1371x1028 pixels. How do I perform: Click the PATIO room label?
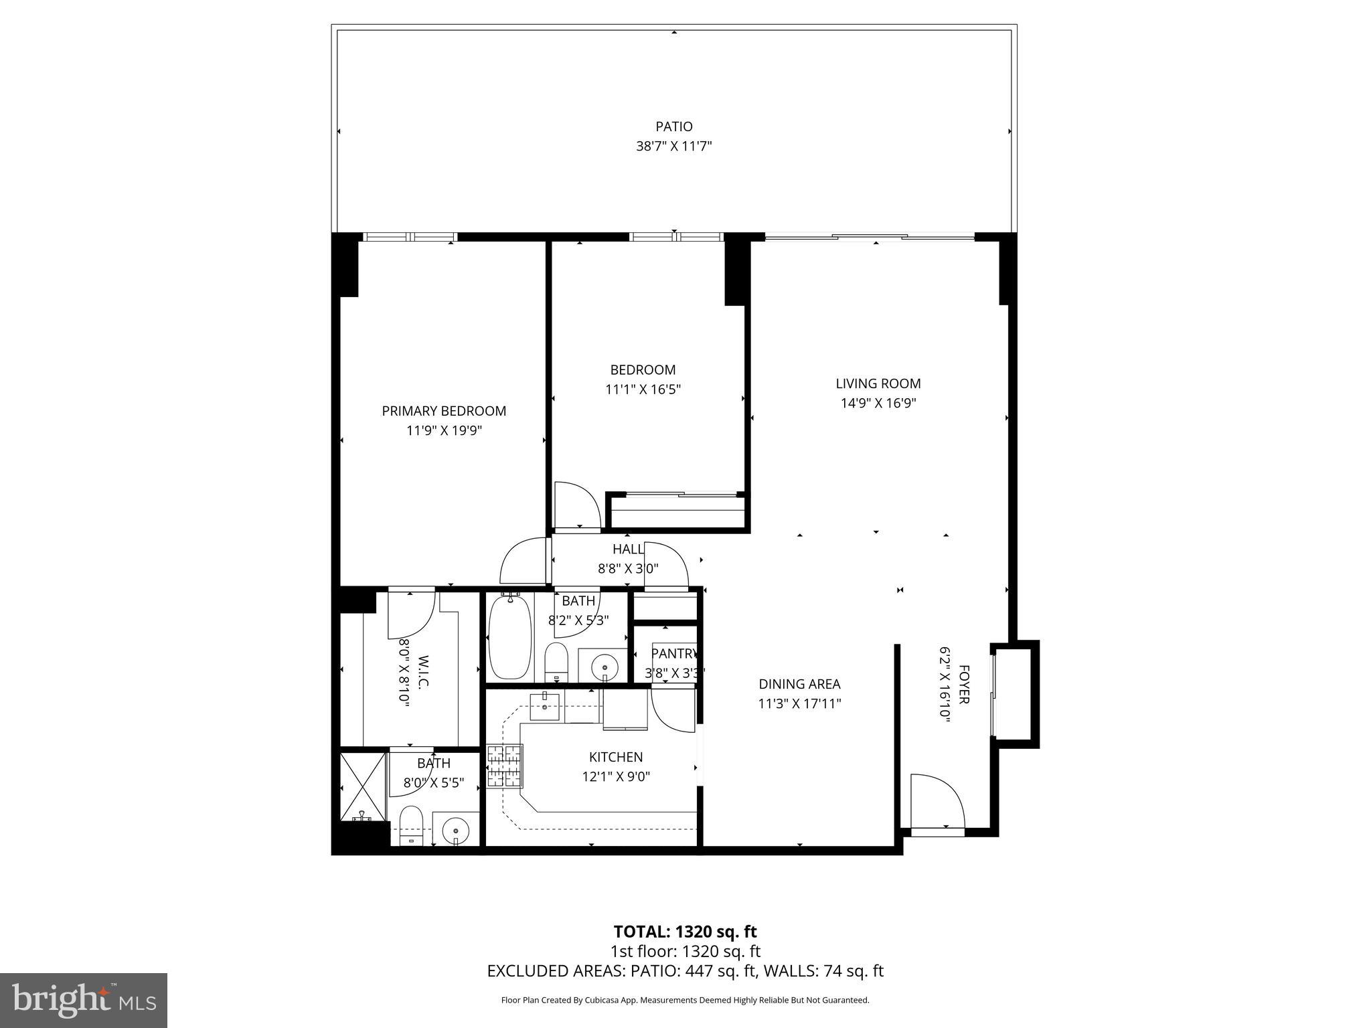(x=673, y=126)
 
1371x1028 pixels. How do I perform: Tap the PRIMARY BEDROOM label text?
(x=444, y=411)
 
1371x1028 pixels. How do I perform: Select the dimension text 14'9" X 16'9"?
(x=878, y=403)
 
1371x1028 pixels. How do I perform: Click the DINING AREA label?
(x=799, y=684)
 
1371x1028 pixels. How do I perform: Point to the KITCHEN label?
(x=616, y=757)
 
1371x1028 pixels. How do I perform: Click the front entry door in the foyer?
(x=937, y=803)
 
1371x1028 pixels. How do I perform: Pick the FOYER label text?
(x=964, y=684)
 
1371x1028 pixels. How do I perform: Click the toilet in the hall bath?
(x=556, y=660)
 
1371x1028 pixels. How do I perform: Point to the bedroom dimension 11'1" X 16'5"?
(x=643, y=389)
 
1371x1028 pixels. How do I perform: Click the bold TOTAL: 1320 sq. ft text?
(x=685, y=932)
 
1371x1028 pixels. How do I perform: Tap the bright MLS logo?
(x=84, y=1000)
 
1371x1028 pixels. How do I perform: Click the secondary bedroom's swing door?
(x=574, y=505)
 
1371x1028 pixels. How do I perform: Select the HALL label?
(x=628, y=549)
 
